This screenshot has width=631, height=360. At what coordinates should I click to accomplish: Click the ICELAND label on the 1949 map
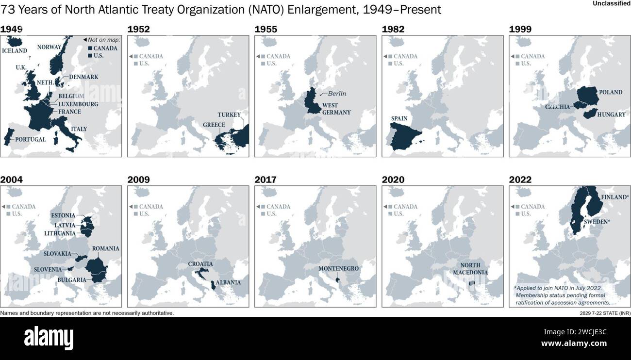[x=15, y=50]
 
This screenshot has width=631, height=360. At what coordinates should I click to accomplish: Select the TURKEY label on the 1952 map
[x=229, y=115]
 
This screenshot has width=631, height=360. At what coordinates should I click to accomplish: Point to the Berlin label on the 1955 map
[x=337, y=94]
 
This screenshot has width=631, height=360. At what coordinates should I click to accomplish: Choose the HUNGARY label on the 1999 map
[x=611, y=115]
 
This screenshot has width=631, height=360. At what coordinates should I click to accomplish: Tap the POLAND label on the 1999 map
[x=611, y=92]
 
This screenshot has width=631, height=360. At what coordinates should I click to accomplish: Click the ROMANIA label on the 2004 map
[x=105, y=248]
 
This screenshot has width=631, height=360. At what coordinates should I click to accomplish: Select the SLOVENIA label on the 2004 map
[x=48, y=269]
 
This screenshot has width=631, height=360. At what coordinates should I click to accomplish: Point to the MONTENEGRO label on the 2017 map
[x=338, y=268]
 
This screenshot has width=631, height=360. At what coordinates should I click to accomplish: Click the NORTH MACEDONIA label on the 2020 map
[x=470, y=269]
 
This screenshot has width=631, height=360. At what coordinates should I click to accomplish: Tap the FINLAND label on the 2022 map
[x=615, y=197]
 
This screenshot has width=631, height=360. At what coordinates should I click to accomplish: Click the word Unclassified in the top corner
[x=611, y=4]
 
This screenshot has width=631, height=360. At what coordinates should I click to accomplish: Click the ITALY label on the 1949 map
[x=79, y=129]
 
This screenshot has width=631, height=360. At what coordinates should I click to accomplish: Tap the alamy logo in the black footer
[x=49, y=338]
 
